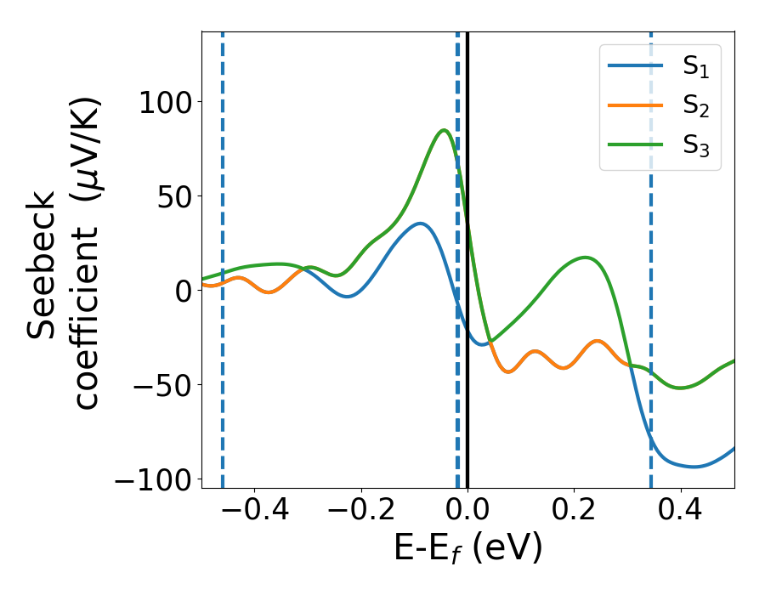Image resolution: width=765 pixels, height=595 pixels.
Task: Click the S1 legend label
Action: click(x=695, y=67)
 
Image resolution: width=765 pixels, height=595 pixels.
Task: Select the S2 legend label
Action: click(x=695, y=106)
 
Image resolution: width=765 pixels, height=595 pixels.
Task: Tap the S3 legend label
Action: click(x=695, y=145)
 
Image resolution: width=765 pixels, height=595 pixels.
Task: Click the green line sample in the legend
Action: click(x=636, y=144)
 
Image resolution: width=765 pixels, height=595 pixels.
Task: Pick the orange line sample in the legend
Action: click(x=636, y=105)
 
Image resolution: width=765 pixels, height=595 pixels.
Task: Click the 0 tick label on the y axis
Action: click(x=186, y=291)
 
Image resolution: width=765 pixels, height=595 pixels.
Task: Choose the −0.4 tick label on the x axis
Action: click(x=254, y=513)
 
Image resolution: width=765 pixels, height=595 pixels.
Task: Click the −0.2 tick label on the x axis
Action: click(x=360, y=513)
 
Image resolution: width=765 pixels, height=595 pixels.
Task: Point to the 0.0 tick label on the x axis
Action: click(x=467, y=513)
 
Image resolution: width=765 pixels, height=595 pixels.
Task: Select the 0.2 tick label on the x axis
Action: click(x=575, y=513)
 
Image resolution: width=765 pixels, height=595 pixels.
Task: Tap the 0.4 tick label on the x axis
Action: click(x=681, y=513)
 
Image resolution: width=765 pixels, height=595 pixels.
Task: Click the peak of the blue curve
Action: click(x=420, y=224)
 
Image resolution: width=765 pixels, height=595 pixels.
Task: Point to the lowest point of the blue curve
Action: click(x=695, y=467)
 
